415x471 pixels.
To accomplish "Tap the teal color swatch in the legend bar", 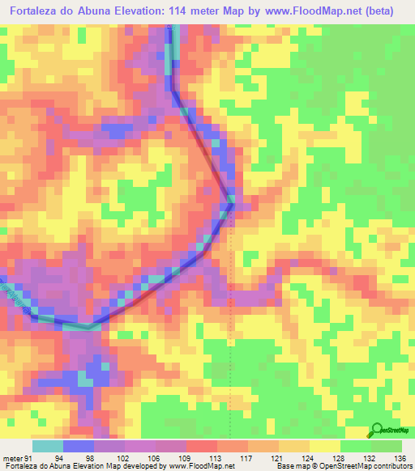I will [47, 446].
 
